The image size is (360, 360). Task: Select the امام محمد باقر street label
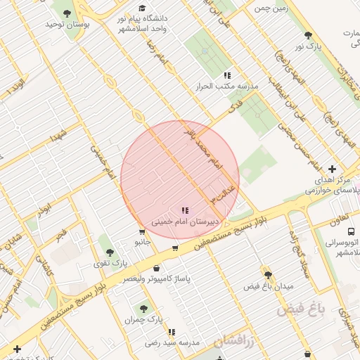click(x=200, y=148)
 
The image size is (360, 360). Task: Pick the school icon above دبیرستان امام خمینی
click(x=185, y=210)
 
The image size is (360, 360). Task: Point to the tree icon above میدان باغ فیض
click(x=266, y=274)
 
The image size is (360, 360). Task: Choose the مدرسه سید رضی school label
click(x=172, y=342)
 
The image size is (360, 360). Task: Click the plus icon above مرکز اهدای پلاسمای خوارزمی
click(x=332, y=169)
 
